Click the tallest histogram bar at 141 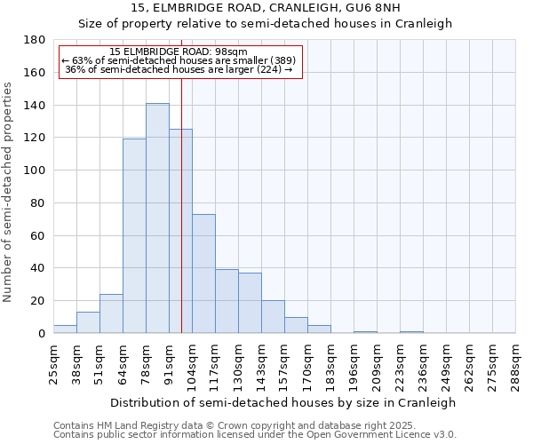pos(157,218)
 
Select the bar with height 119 pos(134,236)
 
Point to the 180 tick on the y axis pos(36,40)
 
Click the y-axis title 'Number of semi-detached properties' pos(9,192)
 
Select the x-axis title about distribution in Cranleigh pos(284,402)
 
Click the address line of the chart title pos(266,8)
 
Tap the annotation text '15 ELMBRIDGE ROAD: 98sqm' pos(180,52)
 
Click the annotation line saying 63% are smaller pos(180,60)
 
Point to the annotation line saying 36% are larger pos(180,69)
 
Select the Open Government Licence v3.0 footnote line pos(255,434)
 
